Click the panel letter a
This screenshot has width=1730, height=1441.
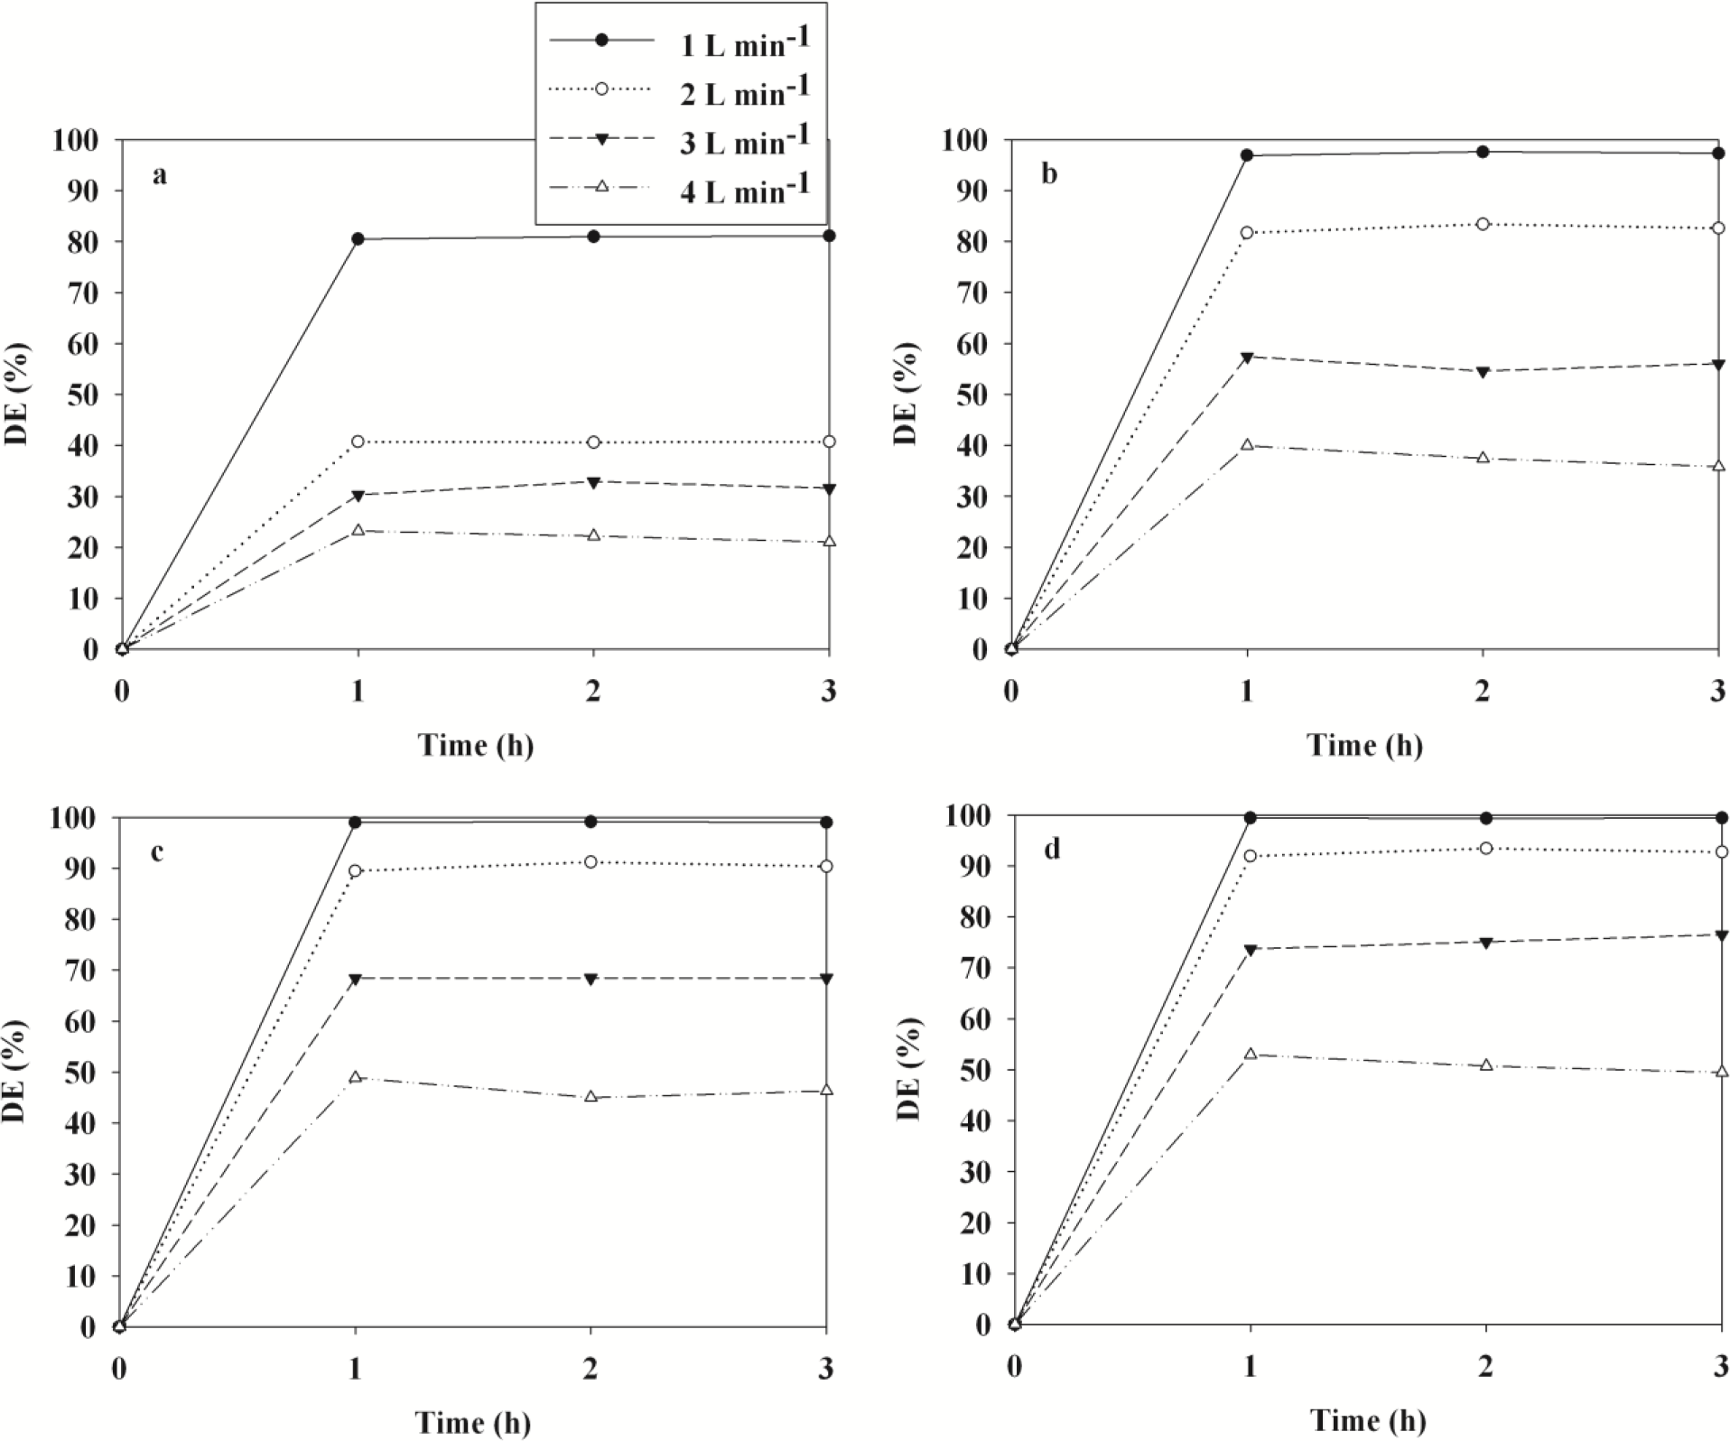pyautogui.click(x=159, y=174)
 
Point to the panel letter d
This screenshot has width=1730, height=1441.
pyautogui.click(x=1051, y=850)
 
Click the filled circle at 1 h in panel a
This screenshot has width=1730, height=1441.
pyautogui.click(x=358, y=239)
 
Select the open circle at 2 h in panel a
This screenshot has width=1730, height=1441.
pyautogui.click(x=593, y=442)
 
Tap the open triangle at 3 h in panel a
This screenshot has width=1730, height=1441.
pyautogui.click(x=829, y=542)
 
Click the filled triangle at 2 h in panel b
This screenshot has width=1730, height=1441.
pyautogui.click(x=1483, y=372)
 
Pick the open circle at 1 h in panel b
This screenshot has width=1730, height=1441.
pyautogui.click(x=1247, y=233)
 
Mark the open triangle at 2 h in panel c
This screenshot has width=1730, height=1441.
pyautogui.click(x=591, y=1097)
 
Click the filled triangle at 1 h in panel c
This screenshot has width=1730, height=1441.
pyautogui.click(x=356, y=979)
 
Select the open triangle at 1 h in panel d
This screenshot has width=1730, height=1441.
pyautogui.click(x=1251, y=1054)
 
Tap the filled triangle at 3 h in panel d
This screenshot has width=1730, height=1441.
pyautogui.click(x=1721, y=934)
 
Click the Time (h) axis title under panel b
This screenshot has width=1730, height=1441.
pyautogui.click(x=1364, y=745)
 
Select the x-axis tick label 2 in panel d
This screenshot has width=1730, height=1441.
pyautogui.click(x=1485, y=1367)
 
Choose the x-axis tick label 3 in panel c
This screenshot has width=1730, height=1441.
pyautogui.click(x=826, y=1369)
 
